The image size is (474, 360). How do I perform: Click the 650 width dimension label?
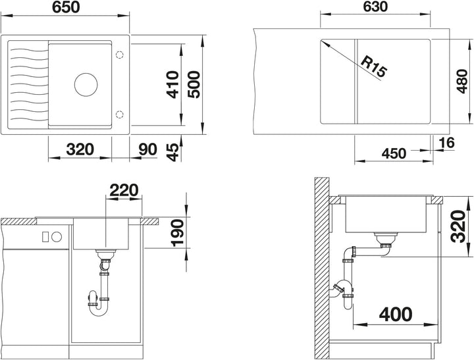click(66, 7)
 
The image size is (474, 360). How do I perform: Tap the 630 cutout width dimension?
click(375, 7)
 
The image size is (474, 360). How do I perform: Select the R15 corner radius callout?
click(374, 67)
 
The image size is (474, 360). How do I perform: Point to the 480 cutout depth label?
click(462, 82)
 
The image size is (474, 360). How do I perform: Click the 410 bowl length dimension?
click(172, 84)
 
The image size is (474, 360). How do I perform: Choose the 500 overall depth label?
click(194, 84)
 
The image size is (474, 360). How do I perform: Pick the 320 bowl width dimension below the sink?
click(80, 149)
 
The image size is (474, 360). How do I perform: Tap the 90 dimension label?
click(148, 149)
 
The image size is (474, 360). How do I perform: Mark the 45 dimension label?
click(172, 152)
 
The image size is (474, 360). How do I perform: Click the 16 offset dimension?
click(446, 143)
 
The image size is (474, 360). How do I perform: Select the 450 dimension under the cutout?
click(394, 153)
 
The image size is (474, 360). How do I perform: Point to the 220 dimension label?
click(124, 190)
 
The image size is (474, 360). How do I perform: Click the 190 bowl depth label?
click(178, 233)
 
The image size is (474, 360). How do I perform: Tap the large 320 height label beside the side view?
click(458, 226)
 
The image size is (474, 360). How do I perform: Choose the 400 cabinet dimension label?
click(396, 314)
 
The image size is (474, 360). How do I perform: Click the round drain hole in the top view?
click(86, 85)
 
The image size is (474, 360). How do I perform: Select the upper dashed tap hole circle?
click(120, 55)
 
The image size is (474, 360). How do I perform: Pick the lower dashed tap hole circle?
click(120, 115)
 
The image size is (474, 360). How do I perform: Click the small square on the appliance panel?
click(45, 237)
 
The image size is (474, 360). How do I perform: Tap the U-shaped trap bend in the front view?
click(97, 311)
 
